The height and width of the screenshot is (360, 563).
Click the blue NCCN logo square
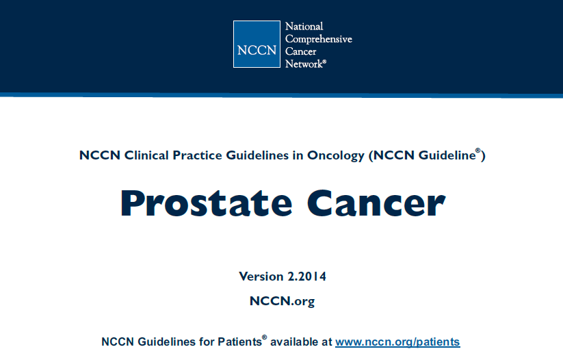(257, 44)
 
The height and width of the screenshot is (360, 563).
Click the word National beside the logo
(304, 26)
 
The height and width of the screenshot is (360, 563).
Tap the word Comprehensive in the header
(319, 39)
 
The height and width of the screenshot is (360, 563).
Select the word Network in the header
(304, 64)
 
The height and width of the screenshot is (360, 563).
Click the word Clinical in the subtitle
(146, 155)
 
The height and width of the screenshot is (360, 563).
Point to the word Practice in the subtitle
(197, 155)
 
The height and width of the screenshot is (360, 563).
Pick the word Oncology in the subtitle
(336, 155)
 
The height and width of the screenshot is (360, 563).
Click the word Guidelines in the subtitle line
(257, 155)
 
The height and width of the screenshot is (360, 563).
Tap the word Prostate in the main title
(206, 203)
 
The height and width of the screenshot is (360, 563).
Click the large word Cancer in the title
(376, 203)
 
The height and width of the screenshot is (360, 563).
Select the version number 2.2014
(307, 277)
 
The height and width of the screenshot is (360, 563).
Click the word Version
(261, 277)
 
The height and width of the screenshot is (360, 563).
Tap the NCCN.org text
(283, 301)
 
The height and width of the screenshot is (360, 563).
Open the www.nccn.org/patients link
(397, 342)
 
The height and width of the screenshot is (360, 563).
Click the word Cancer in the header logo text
(301, 51)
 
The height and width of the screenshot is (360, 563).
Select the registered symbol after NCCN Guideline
(478, 151)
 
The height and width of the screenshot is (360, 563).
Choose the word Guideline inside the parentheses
(447, 155)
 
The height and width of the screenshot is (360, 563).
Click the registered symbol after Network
(324, 62)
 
